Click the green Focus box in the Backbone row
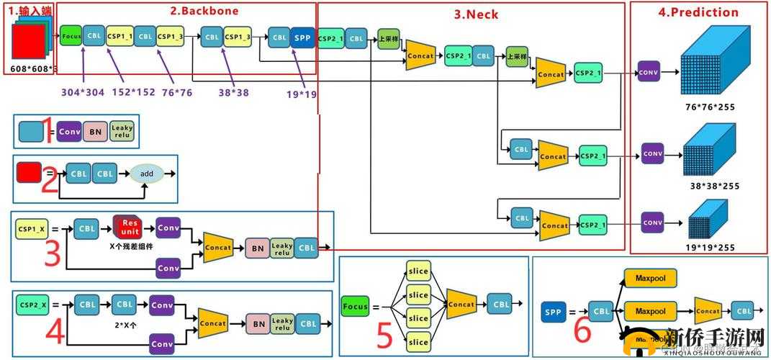[x=71, y=35]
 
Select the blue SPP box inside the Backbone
[x=303, y=37]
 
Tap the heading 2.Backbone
[x=204, y=11]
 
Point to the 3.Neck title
[x=476, y=14]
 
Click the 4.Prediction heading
[x=698, y=12]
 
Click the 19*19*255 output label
[x=710, y=247]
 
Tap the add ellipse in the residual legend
[x=147, y=174]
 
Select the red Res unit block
[x=129, y=227]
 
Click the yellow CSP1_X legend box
[x=31, y=229]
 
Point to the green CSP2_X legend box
[x=32, y=305]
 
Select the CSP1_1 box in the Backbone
[x=119, y=35]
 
